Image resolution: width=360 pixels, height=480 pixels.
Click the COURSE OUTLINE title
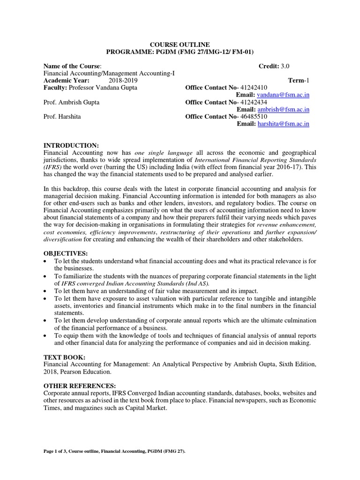coord(180,45)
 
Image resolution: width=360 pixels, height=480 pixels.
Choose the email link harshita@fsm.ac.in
coord(284,124)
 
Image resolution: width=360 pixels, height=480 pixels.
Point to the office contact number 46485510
coord(255,117)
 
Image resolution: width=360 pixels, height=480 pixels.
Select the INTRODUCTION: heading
coord(71,145)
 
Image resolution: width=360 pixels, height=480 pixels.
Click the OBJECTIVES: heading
coord(66,254)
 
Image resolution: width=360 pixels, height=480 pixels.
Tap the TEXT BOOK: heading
coord(65,357)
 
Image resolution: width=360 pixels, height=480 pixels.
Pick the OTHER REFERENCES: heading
coord(80,386)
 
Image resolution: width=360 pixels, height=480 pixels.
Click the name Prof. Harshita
coord(62,117)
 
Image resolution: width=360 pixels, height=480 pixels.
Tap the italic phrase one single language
coord(163,153)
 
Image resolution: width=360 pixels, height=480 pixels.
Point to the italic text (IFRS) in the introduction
coord(52,167)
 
